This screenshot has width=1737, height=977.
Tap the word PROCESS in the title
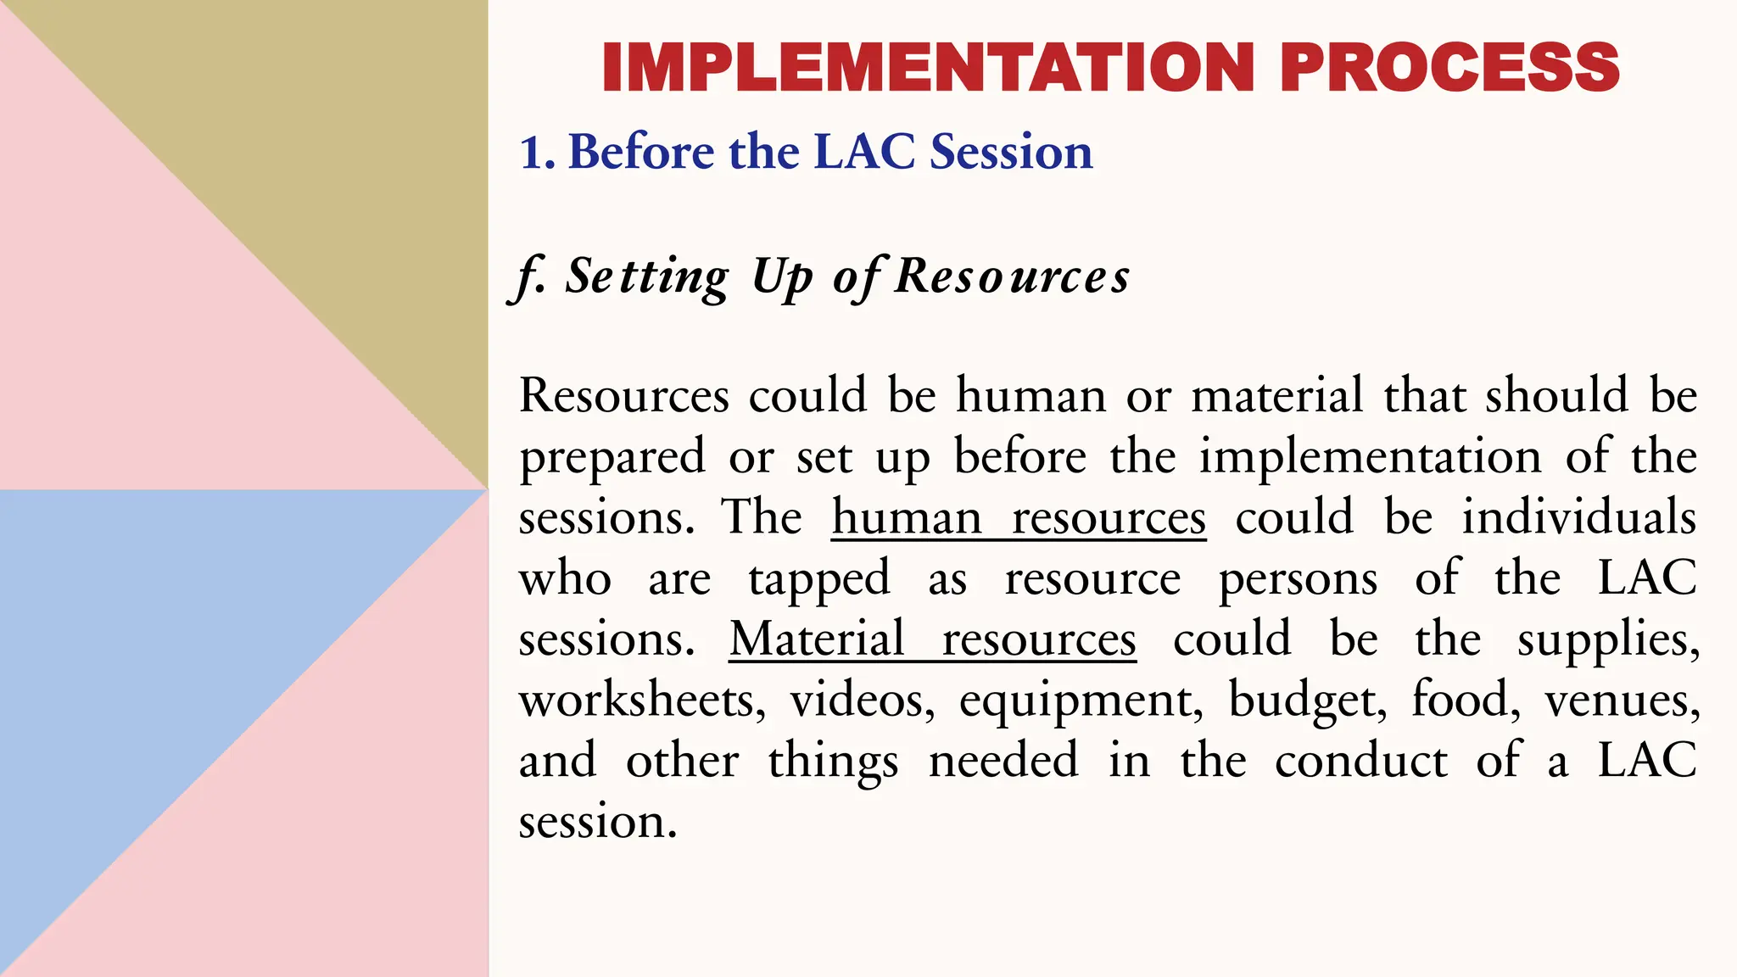click(x=1449, y=68)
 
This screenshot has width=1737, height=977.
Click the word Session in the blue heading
click(x=1011, y=153)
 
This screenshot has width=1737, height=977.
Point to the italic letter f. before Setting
click(x=529, y=277)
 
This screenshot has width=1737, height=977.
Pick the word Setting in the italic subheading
click(x=646, y=277)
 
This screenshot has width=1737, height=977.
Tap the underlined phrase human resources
click(x=1019, y=517)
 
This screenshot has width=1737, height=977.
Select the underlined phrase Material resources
click(x=932, y=639)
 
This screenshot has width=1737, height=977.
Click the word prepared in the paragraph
click(x=612, y=458)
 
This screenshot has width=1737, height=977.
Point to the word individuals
click(x=1578, y=517)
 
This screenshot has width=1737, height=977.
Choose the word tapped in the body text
click(x=819, y=579)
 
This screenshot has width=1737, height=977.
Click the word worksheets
click(x=642, y=701)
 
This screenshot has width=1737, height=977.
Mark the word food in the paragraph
click(x=1466, y=701)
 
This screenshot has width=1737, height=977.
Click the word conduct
click(x=1361, y=761)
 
